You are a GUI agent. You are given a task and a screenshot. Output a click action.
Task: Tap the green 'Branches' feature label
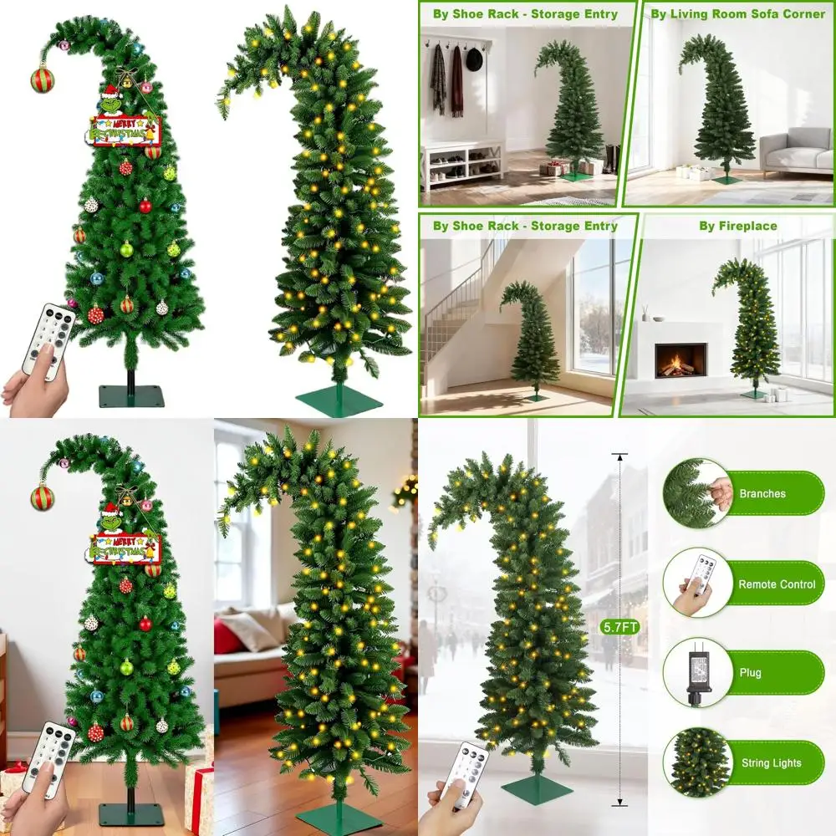[x=762, y=493]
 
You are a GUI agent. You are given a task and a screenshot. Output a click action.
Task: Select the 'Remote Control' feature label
[x=776, y=584]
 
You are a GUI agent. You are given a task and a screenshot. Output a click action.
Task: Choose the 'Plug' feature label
[x=750, y=673]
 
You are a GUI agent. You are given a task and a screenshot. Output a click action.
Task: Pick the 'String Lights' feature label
[x=771, y=762]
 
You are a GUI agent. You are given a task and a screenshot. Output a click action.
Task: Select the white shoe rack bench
[x=462, y=163]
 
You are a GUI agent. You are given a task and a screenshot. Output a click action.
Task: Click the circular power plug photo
[x=696, y=674]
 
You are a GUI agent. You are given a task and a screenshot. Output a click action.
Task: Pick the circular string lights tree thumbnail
[x=696, y=762]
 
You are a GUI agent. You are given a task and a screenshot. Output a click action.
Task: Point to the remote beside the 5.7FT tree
[x=465, y=773]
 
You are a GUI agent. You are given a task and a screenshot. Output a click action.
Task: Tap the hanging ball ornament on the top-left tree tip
[x=42, y=79]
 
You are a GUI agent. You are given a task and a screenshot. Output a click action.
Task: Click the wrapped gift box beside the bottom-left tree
[x=199, y=794]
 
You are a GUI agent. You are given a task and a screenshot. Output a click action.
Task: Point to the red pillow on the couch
[x=229, y=636]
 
